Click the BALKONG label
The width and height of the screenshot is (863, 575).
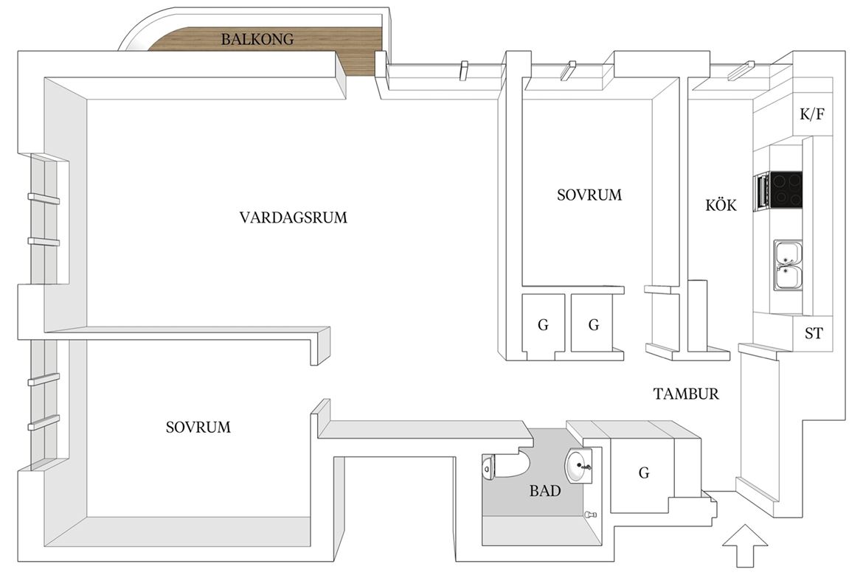click(257, 39)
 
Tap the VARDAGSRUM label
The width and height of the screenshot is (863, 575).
click(294, 217)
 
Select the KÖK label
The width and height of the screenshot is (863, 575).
click(721, 205)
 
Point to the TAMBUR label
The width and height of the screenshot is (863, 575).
click(686, 394)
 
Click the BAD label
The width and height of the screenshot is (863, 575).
click(545, 491)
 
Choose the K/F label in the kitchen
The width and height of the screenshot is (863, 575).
click(812, 114)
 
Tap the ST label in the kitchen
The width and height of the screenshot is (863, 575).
click(814, 333)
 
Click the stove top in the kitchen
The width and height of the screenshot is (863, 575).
click(786, 189)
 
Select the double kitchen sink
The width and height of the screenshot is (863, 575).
click(789, 265)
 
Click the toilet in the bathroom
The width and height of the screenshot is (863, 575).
click(505, 467)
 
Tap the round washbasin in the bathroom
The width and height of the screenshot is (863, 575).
click(578, 467)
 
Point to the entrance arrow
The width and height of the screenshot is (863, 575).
click(744, 546)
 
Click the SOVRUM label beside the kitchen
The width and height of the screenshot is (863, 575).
click(589, 195)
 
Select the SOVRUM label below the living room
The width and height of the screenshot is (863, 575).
click(198, 427)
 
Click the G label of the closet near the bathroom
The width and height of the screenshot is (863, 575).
click(643, 472)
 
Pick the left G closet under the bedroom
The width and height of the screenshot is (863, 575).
click(543, 324)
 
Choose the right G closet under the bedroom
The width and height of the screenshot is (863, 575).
click(593, 324)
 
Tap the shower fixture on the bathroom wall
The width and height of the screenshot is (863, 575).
click(591, 515)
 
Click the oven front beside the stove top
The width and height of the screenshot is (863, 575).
click(762, 190)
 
